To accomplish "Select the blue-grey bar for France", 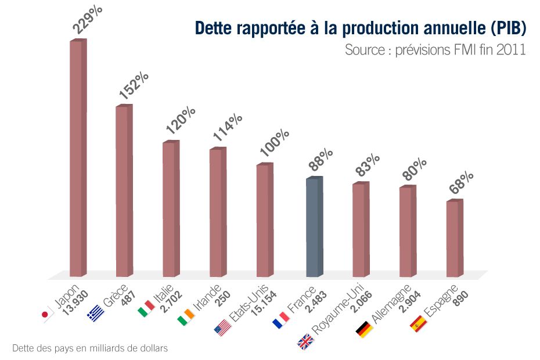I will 314,226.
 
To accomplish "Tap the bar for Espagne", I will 454,238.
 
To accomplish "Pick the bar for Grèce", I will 124,191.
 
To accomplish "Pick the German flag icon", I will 363,329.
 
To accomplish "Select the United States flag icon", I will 222,327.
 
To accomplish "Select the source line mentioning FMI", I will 435,50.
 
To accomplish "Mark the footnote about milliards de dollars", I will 90,348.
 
